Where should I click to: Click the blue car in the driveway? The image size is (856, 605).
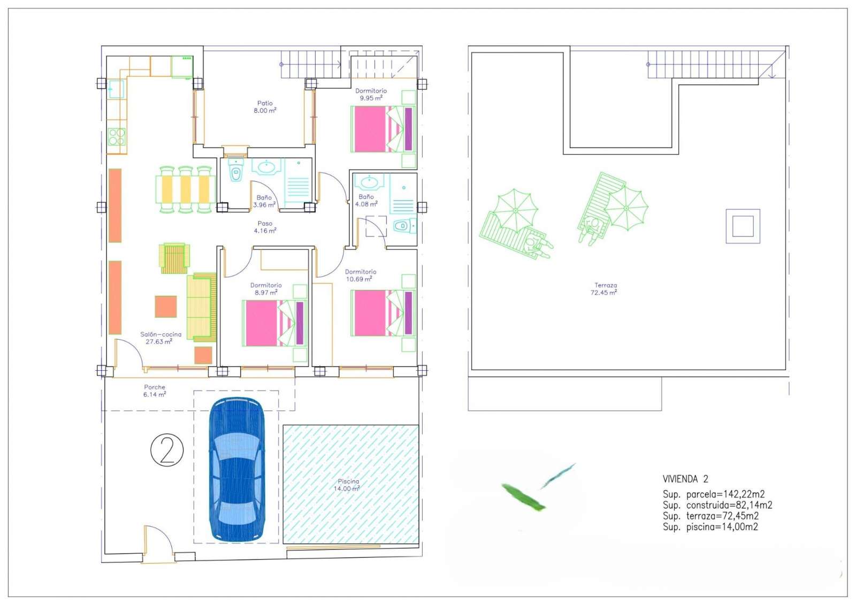pos(237,469)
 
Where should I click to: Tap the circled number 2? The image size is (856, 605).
pos(167,450)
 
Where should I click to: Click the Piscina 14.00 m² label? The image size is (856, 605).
pos(347,485)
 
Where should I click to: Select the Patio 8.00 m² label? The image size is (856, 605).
pos(265,106)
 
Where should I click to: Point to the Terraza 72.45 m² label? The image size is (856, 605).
pos(604,288)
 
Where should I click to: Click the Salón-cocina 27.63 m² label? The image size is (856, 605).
pos(160,338)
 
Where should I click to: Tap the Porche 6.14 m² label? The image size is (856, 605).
pos(155,390)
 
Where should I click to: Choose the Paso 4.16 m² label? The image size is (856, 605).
pos(265,227)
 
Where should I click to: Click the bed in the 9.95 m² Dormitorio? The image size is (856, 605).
pos(383,129)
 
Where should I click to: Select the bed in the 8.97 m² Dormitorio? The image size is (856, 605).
pos(275,323)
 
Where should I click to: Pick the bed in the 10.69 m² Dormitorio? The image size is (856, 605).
pos(383,313)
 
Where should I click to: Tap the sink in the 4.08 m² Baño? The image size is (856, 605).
pos(369,182)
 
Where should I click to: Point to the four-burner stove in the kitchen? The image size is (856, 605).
pos(117,137)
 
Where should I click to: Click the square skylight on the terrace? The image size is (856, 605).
pos(743,226)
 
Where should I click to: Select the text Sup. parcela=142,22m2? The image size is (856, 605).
pos(714,494)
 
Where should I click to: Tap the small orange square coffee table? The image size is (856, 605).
pos(166,307)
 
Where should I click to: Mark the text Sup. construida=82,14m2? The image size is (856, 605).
pos(717,506)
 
